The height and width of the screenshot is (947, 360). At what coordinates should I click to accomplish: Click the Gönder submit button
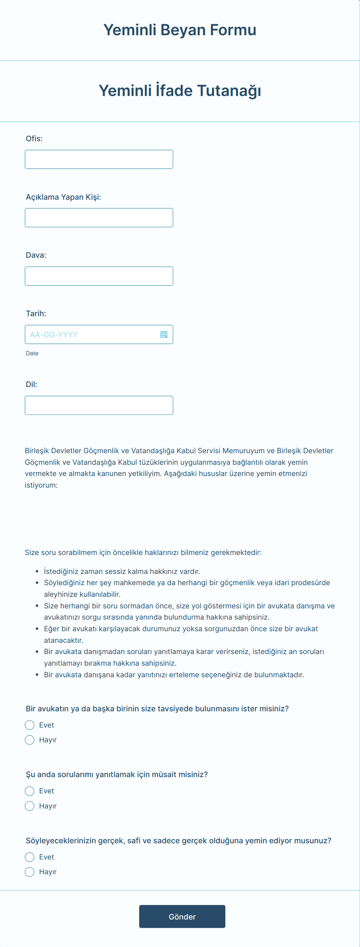coord(182,916)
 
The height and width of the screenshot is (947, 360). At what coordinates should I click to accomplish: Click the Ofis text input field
coord(99,159)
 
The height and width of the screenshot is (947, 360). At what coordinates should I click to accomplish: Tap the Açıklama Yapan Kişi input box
coord(99,218)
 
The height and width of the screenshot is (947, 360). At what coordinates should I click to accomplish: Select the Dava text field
coord(99,276)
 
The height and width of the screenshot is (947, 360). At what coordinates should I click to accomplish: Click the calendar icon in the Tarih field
coord(164,334)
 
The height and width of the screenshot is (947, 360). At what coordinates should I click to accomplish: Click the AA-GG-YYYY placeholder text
coord(54,335)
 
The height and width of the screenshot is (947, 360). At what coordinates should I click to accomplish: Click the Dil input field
coord(99,405)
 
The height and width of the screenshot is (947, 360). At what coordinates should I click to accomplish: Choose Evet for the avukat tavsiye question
coord(30,725)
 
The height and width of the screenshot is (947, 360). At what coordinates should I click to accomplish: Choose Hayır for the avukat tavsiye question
coord(30,740)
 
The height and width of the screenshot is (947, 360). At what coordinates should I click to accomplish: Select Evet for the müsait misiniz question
coord(30,791)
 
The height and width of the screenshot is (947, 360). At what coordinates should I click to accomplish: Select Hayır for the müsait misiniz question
coord(30,806)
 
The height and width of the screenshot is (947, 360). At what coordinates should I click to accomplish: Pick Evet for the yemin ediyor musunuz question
coord(30,857)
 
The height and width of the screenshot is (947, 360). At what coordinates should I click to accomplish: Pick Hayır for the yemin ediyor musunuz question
coord(30,872)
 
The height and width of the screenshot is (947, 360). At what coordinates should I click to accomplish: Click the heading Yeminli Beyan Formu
coord(180,30)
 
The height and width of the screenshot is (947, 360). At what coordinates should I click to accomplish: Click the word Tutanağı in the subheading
coord(229,91)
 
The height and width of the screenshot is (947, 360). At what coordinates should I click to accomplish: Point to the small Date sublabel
coord(32,353)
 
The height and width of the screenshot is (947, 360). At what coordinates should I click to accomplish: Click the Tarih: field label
coord(36,313)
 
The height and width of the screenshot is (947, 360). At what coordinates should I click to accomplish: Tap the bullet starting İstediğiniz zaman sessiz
coord(122,571)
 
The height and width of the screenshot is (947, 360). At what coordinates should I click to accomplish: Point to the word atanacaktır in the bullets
coord(63,640)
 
